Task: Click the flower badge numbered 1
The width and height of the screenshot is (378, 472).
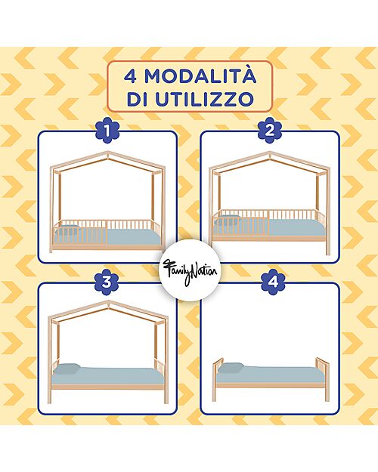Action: click(x=108, y=132)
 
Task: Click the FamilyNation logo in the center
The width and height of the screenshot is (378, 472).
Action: click(x=187, y=268)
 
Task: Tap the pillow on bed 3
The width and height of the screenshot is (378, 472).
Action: click(x=68, y=368)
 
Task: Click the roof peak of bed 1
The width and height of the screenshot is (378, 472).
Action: click(x=107, y=153)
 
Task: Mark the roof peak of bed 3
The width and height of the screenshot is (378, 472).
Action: click(x=108, y=301)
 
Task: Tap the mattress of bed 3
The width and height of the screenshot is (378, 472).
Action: click(x=113, y=374)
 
